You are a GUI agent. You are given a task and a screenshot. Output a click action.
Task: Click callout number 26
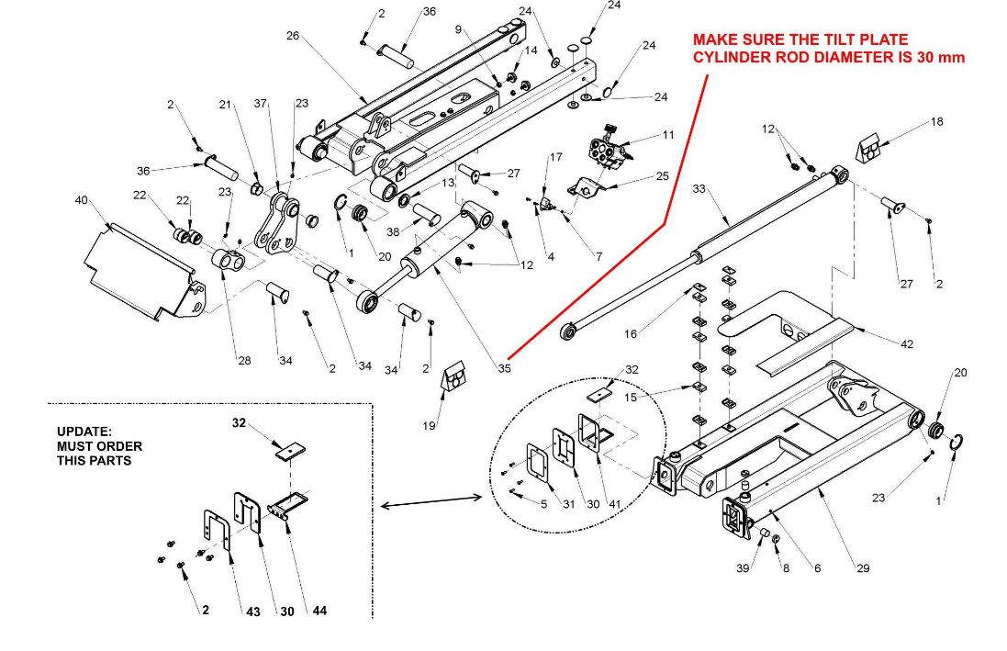click(293, 36)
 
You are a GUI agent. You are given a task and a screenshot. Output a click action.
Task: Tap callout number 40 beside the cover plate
click(81, 200)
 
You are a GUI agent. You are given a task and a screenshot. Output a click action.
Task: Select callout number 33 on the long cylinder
click(699, 189)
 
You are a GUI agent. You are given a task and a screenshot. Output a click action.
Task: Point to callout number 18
click(936, 121)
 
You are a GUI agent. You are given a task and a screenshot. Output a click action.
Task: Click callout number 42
click(907, 343)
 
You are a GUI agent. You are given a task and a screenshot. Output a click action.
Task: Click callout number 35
click(504, 369)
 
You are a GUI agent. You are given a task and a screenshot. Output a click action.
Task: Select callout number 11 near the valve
click(667, 135)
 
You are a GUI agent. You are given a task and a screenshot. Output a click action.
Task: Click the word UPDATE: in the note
click(84, 431)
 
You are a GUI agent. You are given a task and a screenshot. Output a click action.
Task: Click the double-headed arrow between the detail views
click(431, 500)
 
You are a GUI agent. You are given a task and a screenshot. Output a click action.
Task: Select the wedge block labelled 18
click(868, 146)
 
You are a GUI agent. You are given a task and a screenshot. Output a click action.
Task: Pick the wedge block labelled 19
click(454, 376)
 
